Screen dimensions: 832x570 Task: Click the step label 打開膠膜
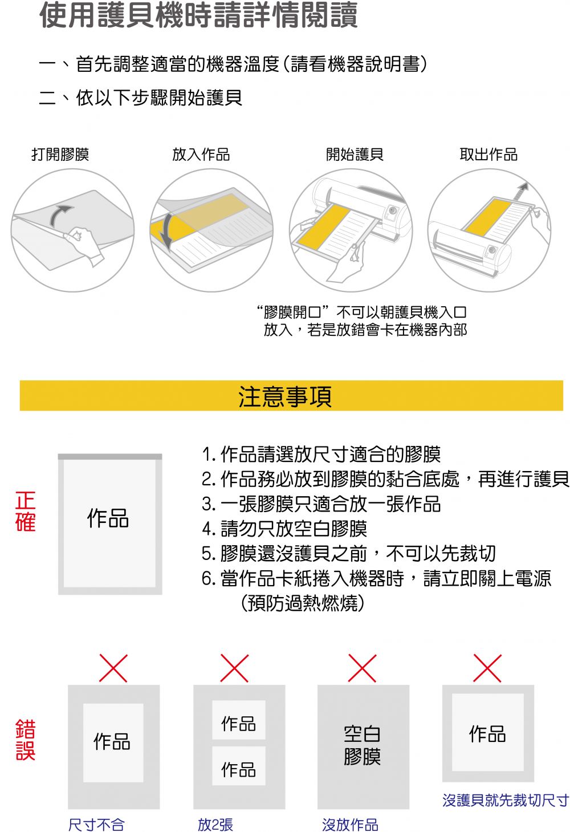pos(60,155)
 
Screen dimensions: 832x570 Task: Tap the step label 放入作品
pos(201,155)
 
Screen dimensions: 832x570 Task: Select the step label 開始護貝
pos(354,155)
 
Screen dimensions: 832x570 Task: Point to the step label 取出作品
pos(488,155)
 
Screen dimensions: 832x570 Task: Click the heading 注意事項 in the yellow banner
pos(285,396)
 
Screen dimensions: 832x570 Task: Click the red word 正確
pos(26,512)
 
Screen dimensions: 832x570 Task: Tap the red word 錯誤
pos(26,740)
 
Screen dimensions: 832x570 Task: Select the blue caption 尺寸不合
pos(96,824)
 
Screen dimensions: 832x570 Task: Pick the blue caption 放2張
pos(215,824)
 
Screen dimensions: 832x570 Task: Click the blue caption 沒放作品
pos(350,824)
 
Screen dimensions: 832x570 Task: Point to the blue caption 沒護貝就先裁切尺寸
pos(505,800)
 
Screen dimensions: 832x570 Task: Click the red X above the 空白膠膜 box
pos(362,668)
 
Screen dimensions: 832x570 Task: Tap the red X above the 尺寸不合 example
pos(113,668)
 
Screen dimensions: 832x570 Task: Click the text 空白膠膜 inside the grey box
pos(362,745)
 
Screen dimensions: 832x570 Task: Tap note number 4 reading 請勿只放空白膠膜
pos(284,529)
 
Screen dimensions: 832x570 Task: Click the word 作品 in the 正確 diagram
pos(108,518)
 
